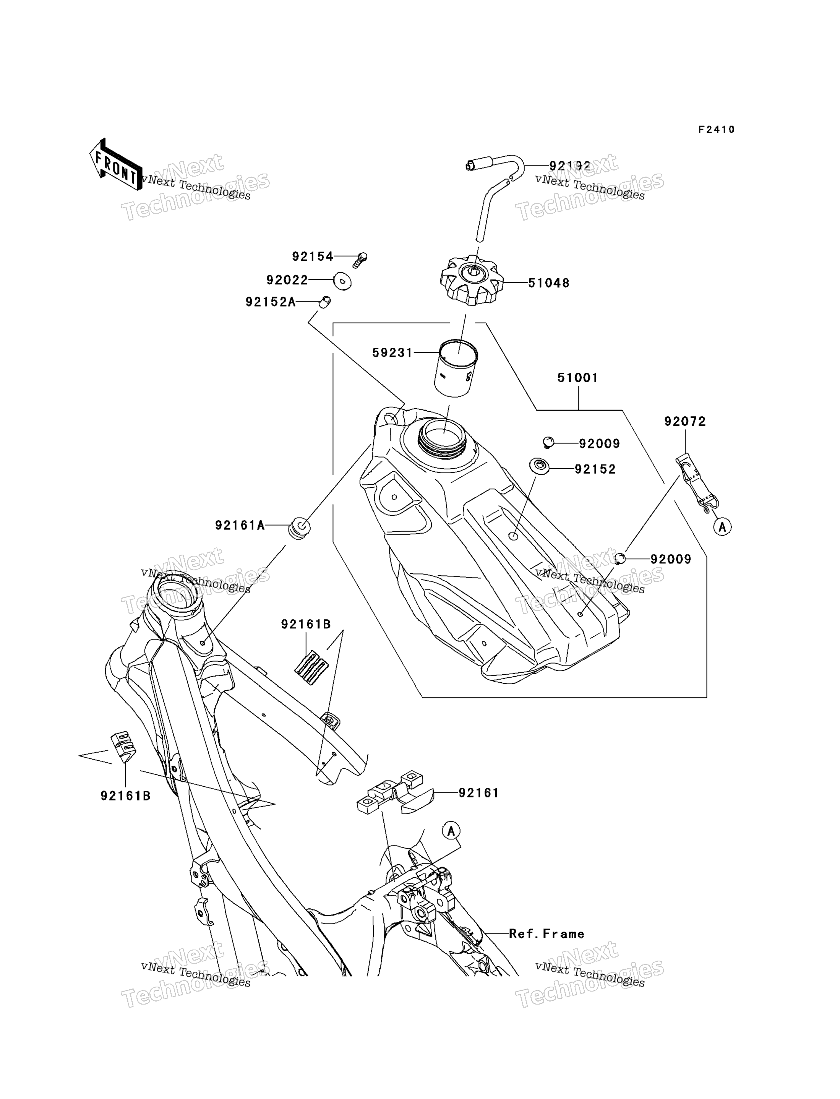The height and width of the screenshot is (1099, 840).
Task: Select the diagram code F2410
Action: (x=717, y=130)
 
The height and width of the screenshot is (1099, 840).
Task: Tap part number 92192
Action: (x=570, y=166)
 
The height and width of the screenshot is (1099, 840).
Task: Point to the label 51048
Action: (x=549, y=283)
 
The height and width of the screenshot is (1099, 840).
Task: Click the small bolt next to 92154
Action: (x=360, y=260)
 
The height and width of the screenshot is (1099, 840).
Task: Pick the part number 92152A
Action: (x=271, y=302)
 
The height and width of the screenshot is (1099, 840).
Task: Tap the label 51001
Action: (x=578, y=378)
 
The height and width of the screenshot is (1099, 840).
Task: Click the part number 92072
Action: (x=685, y=422)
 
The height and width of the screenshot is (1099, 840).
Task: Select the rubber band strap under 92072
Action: (x=697, y=482)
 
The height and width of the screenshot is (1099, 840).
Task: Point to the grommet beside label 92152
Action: (x=539, y=466)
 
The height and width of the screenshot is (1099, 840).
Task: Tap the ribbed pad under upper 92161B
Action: (x=311, y=667)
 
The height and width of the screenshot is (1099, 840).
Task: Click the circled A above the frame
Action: (x=451, y=831)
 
